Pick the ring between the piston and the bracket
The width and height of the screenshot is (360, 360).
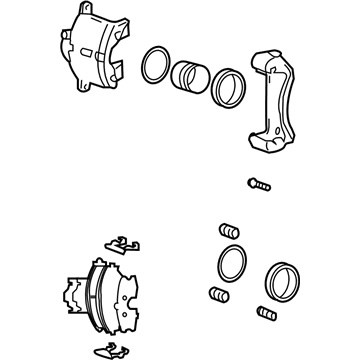click(229, 87)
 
